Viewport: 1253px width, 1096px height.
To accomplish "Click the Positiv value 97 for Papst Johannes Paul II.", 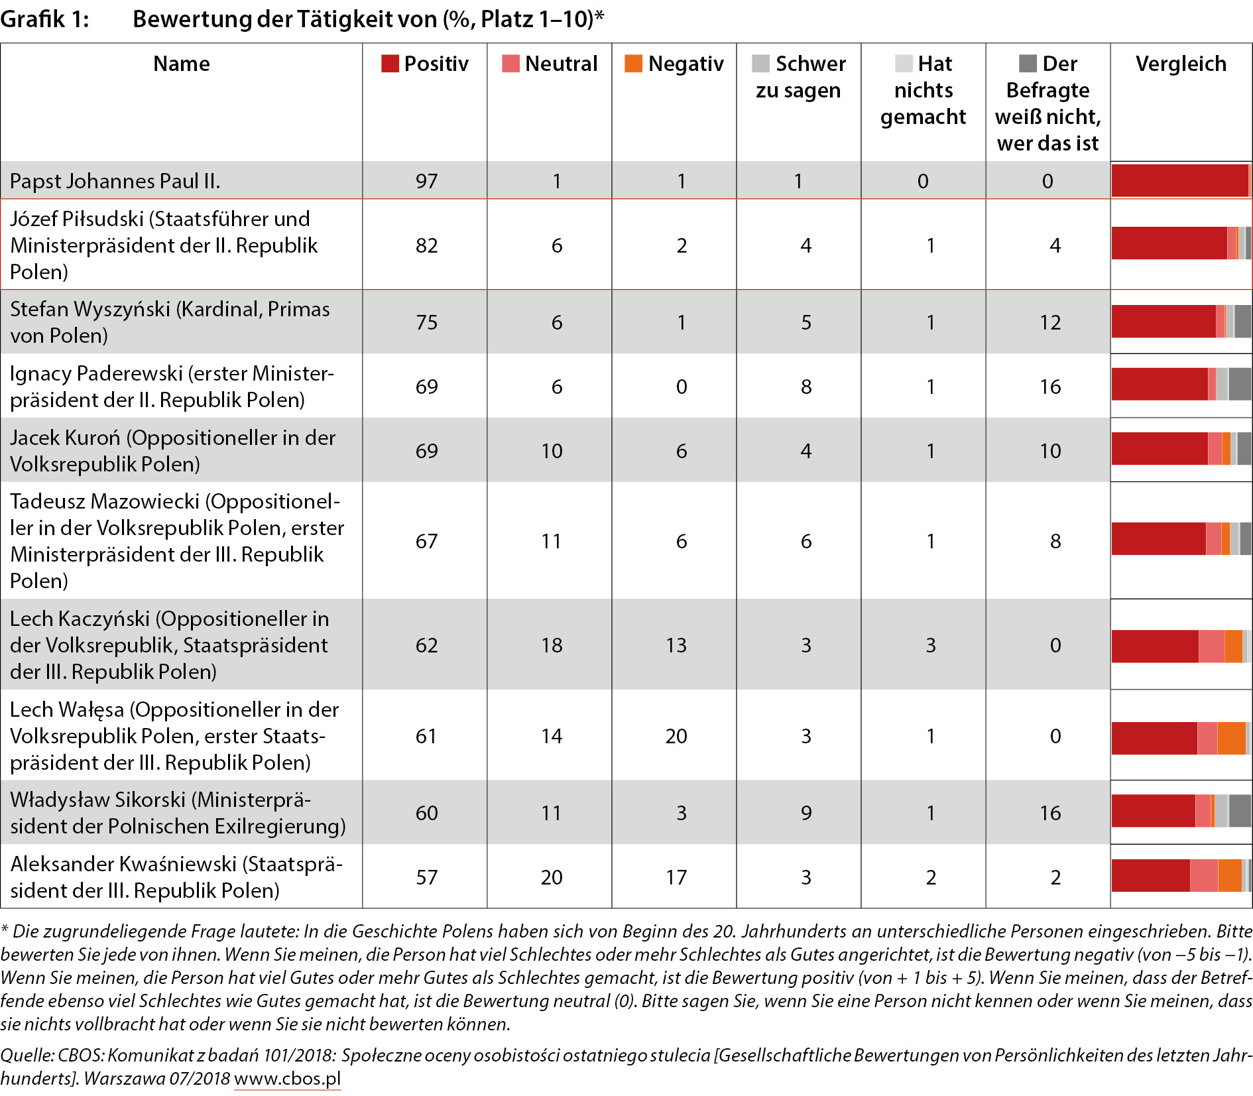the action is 426,181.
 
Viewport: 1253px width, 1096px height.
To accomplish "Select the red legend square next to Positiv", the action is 390,64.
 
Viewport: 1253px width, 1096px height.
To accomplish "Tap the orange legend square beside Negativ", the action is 633,64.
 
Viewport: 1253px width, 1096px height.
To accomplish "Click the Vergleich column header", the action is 1181,64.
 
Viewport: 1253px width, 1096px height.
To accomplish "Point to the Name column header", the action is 181,64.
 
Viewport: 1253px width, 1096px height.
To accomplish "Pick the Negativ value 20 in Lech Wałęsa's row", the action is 676,736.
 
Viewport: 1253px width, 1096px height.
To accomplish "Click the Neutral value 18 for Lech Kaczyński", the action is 552,645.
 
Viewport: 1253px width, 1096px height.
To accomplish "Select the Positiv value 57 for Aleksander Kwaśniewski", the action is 426,877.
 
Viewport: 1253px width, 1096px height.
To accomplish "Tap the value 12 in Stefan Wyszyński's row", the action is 1050,322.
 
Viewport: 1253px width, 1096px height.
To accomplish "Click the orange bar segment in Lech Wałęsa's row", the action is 1232,738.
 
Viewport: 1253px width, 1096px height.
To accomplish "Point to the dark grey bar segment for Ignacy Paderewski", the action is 1240,384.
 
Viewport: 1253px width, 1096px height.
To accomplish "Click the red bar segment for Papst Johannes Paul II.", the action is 1180,180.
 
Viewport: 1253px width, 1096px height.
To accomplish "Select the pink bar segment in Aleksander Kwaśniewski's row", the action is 1204,875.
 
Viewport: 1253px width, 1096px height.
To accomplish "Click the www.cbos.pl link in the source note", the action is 287,1078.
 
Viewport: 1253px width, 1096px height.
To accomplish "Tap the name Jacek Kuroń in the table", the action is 65,438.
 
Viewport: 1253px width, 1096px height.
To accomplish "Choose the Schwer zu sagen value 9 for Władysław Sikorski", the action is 806,813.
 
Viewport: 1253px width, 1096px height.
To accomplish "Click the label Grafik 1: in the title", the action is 44,19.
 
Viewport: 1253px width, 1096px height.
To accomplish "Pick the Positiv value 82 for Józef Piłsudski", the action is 426,245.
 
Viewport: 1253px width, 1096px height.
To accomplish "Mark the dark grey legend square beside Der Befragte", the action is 1028,64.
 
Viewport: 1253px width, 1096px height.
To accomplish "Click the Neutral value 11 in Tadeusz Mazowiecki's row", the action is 552,541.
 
